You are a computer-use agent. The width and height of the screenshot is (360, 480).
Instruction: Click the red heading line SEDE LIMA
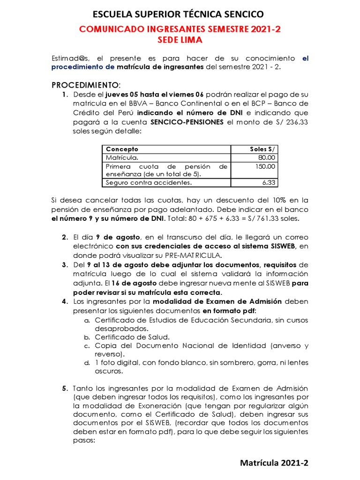point(180,40)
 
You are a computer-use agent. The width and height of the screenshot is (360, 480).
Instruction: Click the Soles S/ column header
point(263,149)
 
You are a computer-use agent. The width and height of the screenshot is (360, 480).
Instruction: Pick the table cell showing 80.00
point(267,157)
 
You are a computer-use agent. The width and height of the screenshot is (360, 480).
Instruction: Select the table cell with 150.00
point(265,166)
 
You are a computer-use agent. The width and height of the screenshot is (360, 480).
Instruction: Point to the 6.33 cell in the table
point(269,183)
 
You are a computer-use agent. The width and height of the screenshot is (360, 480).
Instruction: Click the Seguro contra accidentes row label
point(149,183)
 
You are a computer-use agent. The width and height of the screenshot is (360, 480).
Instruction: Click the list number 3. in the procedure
point(65,265)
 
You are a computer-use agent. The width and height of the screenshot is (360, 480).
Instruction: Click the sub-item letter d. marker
point(87,363)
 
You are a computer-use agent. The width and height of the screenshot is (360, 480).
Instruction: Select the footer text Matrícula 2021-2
point(274,463)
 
